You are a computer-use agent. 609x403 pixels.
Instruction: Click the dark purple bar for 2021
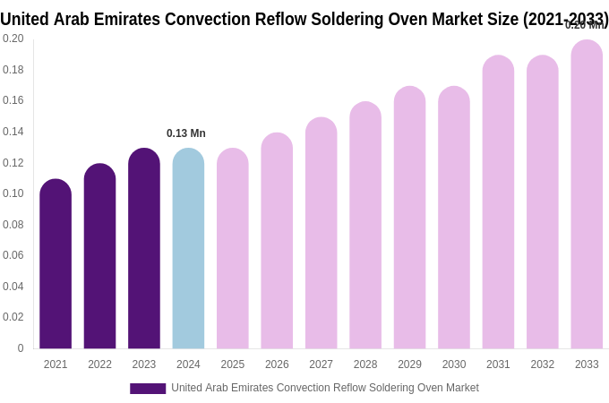click(x=56, y=264)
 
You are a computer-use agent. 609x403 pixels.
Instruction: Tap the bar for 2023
click(x=144, y=249)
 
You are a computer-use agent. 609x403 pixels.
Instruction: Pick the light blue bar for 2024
click(x=188, y=249)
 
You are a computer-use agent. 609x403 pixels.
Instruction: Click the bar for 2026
click(x=277, y=241)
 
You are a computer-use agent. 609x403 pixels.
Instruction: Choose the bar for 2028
click(x=365, y=226)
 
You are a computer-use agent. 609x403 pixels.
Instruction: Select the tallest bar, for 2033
click(x=587, y=194)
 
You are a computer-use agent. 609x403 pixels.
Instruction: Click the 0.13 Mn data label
click(x=186, y=133)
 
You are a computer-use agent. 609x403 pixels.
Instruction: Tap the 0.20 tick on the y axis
click(x=13, y=39)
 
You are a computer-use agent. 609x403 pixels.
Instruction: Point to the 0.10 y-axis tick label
click(x=13, y=193)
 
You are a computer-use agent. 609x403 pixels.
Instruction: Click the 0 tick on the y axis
click(x=21, y=348)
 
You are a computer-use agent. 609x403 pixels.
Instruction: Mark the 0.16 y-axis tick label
click(x=13, y=100)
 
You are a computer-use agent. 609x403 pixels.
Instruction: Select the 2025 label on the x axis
click(x=233, y=364)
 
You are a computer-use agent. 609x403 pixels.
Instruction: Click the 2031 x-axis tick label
click(x=498, y=364)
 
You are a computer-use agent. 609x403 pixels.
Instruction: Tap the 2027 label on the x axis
click(x=321, y=364)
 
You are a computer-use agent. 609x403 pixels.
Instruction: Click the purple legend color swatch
click(x=148, y=389)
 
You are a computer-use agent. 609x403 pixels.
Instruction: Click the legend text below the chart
click(x=325, y=388)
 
